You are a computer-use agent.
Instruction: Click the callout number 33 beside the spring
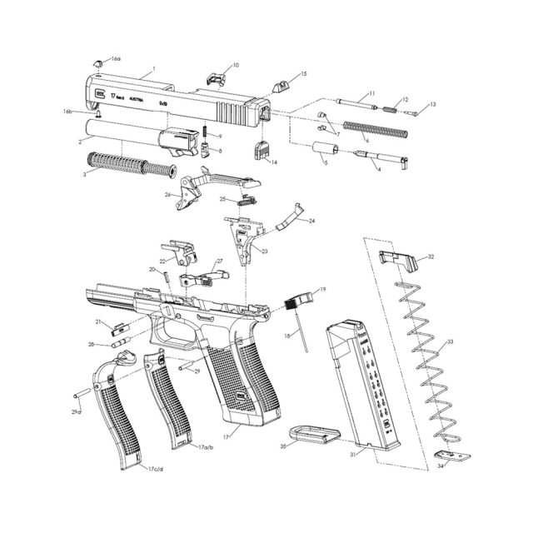(450, 342)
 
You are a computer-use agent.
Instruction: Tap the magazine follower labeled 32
(397, 259)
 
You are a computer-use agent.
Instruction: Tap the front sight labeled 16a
(97, 62)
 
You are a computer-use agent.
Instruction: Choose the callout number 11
(371, 93)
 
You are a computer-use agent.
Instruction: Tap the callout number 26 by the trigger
(167, 195)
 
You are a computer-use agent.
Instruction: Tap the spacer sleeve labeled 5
(324, 154)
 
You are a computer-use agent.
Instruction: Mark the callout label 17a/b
(206, 447)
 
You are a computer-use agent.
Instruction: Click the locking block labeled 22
(178, 249)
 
